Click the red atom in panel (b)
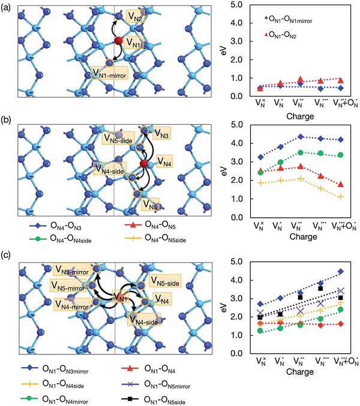pos(143,164)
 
